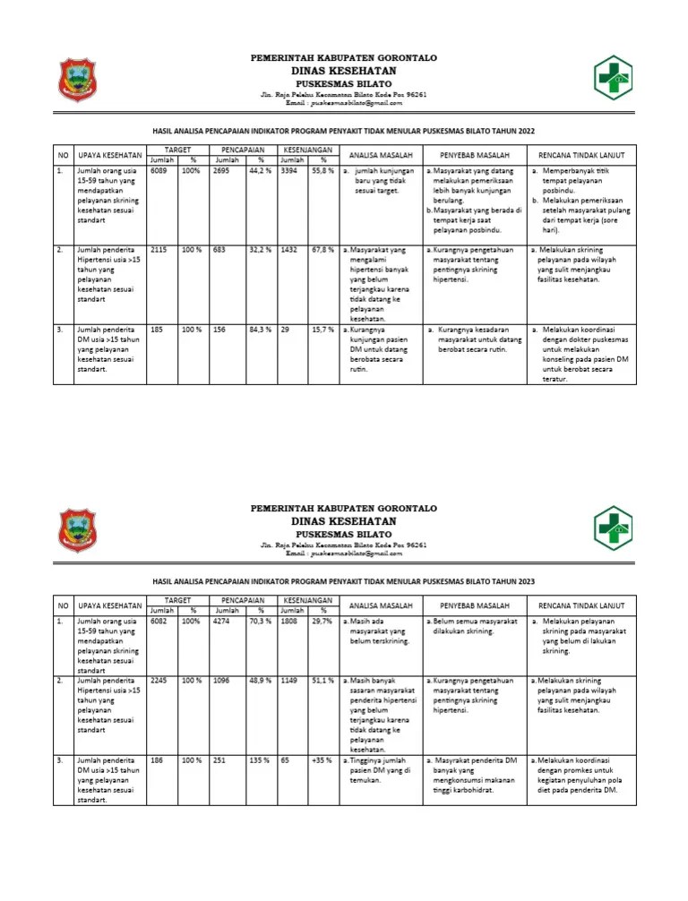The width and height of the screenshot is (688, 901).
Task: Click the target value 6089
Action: click(x=159, y=169)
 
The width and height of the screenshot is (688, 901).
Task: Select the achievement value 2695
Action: click(x=223, y=169)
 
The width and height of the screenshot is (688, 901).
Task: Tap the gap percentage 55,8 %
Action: click(x=322, y=169)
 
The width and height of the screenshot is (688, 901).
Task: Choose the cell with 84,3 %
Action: click(x=261, y=330)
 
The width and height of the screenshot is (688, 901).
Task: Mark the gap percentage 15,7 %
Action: click(x=322, y=330)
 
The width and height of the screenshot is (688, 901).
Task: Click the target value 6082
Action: click(x=159, y=620)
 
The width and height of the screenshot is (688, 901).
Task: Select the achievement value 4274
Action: click(x=223, y=620)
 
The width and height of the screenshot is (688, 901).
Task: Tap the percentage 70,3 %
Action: click(x=261, y=620)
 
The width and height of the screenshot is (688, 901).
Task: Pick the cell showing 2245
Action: click(x=159, y=680)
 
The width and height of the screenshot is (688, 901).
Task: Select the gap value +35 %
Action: click(x=322, y=760)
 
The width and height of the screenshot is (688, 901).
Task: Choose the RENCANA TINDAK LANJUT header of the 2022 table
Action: click(x=581, y=154)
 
